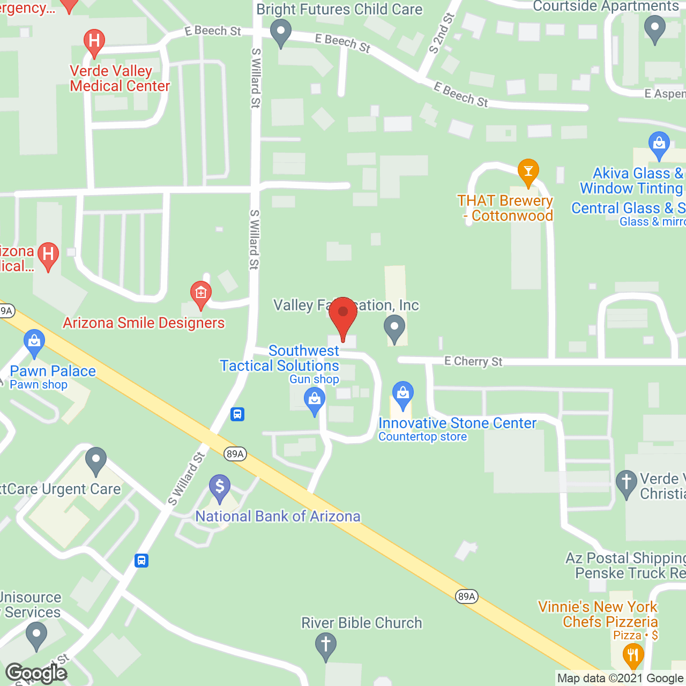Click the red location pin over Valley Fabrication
coord(343,314)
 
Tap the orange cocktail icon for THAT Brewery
coord(528,171)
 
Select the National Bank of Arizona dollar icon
coord(220,487)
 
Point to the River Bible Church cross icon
coord(325,645)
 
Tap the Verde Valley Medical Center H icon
coord(94,42)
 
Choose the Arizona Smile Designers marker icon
coord(201,294)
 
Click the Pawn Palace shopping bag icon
coord(34,342)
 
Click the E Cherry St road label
coord(473,361)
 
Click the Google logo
coord(36,673)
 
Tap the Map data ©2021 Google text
coord(620,678)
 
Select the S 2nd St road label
coord(442,33)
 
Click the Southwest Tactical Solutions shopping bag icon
coord(315,400)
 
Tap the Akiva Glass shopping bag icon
coord(659,144)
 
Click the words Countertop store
coord(422,437)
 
